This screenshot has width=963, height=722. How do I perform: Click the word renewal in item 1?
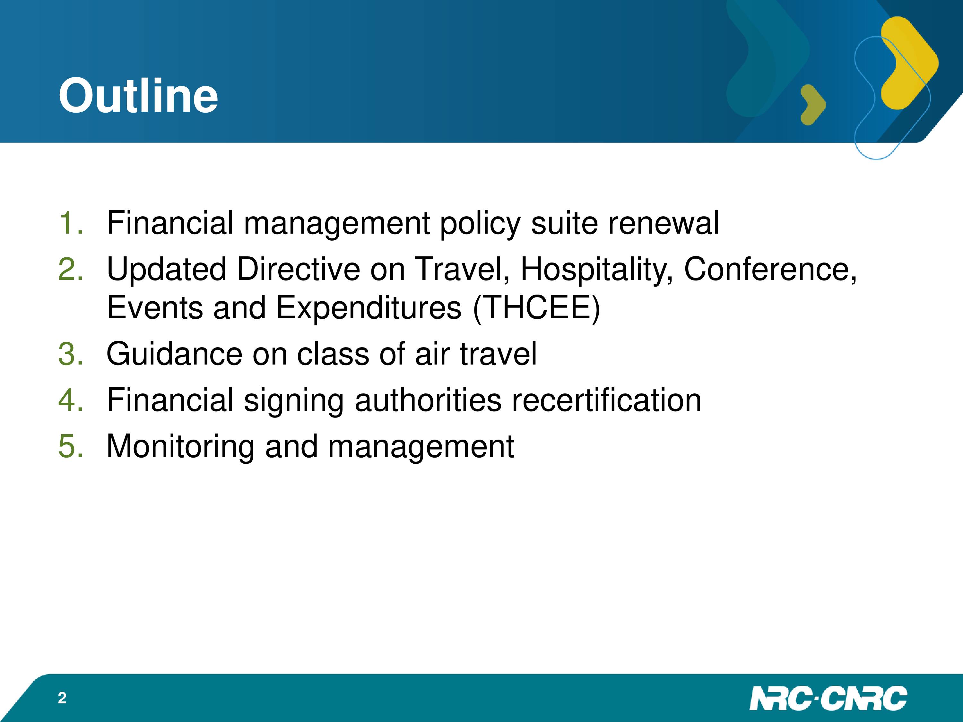click(x=664, y=222)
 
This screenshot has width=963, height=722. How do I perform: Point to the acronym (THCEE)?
click(x=536, y=308)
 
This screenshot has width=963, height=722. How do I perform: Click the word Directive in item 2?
click(x=299, y=269)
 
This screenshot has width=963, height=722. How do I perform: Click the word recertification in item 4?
click(x=606, y=400)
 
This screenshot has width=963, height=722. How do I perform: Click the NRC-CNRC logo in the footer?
click(x=829, y=698)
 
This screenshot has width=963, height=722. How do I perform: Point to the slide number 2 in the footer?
click(x=62, y=698)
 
